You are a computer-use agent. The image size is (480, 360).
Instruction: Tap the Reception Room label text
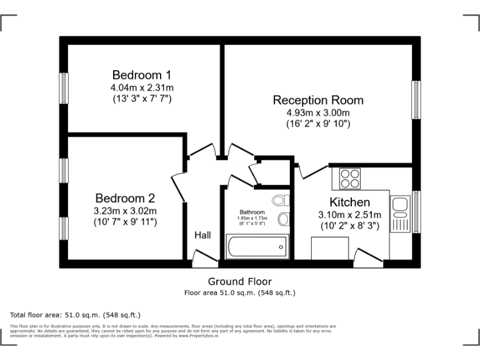[318, 100]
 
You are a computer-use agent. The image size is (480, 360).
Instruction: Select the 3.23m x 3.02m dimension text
[126, 211]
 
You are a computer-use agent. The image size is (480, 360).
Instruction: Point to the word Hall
[202, 236]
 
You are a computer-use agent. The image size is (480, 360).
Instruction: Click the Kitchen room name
[349, 202]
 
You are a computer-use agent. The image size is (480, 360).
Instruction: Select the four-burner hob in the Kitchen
[350, 179]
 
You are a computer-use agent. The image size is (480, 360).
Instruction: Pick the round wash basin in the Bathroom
[284, 219]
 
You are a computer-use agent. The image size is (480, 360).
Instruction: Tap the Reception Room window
[415, 99]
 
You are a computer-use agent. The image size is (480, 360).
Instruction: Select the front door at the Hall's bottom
[202, 256]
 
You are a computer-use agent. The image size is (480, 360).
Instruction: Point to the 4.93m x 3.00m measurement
[318, 112]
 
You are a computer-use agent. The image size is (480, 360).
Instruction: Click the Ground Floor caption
[240, 281]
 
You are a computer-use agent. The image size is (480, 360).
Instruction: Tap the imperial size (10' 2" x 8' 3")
[349, 226]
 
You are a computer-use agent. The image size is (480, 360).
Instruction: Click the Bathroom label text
[252, 212]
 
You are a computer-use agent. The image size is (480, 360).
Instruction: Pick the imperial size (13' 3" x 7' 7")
[141, 99]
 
